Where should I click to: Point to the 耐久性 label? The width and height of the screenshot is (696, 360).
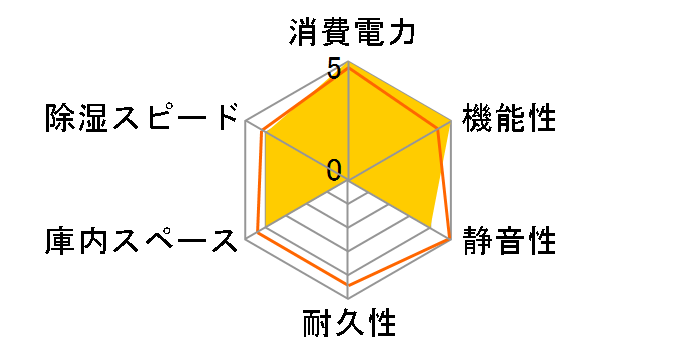tap(349, 325)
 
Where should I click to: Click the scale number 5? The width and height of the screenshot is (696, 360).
tap(333, 71)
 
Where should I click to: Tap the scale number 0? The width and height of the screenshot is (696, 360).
tap(333, 170)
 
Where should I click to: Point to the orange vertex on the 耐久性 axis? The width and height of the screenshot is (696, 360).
tap(348, 285)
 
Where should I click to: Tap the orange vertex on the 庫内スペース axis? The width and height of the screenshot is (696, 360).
tap(257, 233)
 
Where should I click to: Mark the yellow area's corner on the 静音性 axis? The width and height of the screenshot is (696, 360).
tap(430, 227)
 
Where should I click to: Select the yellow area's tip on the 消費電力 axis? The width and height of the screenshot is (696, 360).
tap(348, 63)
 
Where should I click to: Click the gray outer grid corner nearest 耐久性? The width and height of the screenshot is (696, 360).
tap(348, 298)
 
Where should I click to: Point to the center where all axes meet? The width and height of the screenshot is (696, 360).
tap(348, 181)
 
